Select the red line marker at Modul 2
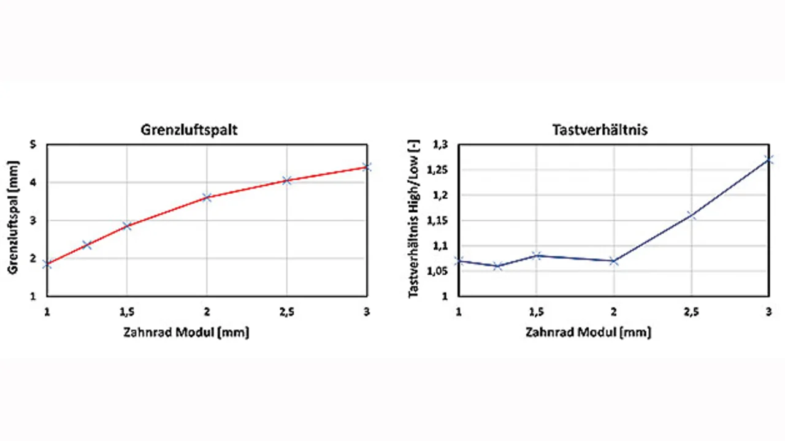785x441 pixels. [207, 197]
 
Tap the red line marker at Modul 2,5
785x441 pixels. [287, 180]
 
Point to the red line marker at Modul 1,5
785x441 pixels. [127, 225]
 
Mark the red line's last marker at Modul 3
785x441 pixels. [367, 166]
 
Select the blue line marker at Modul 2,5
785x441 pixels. [691, 215]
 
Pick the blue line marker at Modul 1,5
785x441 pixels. [537, 255]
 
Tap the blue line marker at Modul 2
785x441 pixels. [614, 261]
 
